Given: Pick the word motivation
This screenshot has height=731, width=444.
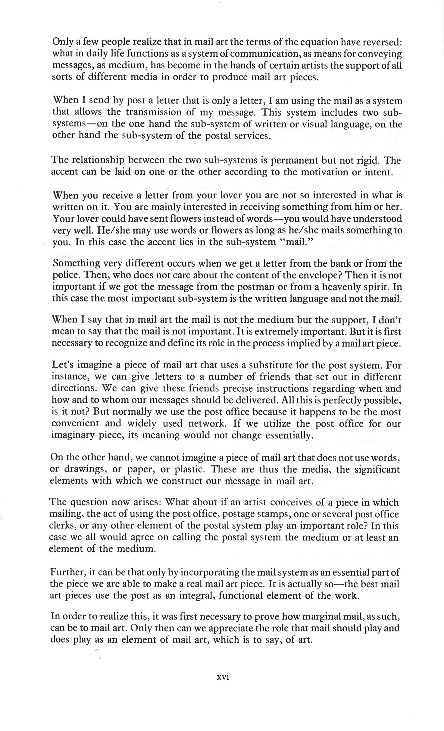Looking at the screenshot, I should click(326, 172).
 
